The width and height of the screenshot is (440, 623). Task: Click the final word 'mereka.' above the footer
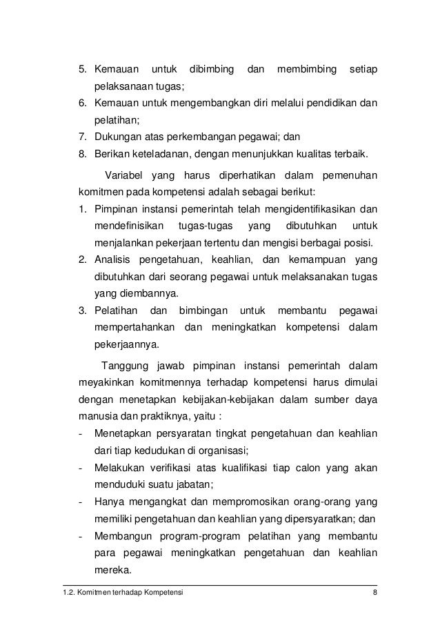[x=111, y=571]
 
